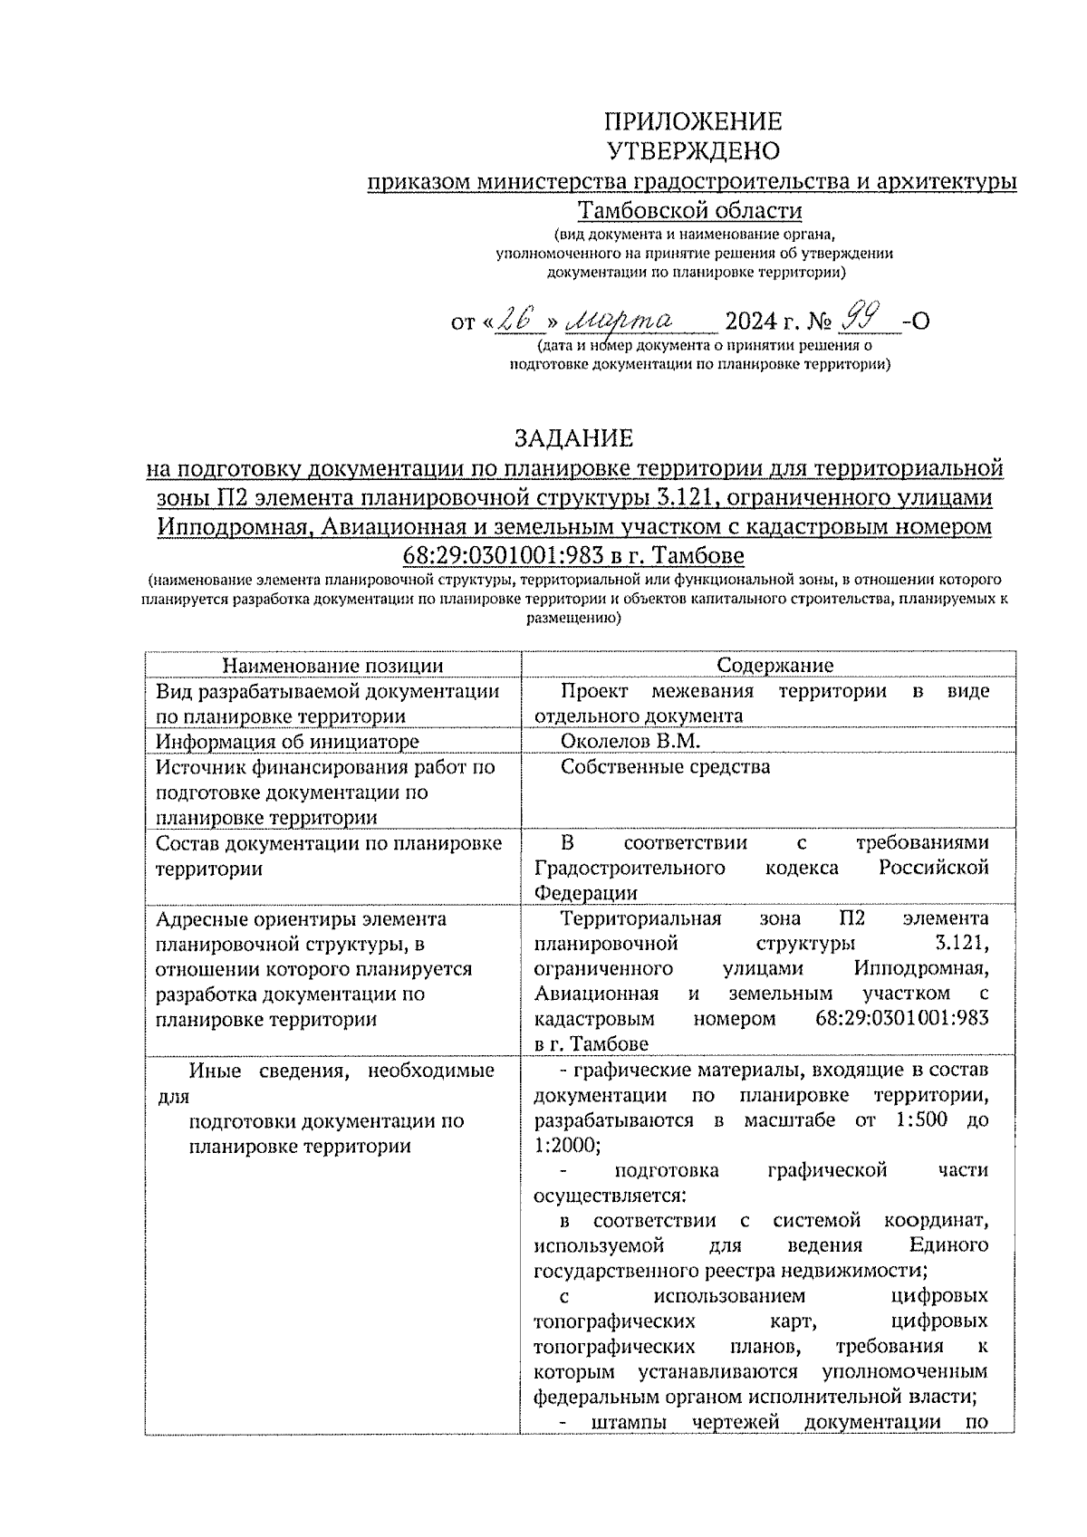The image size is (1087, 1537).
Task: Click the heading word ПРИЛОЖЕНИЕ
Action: pos(693,122)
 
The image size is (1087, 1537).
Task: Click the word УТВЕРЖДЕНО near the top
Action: pos(693,150)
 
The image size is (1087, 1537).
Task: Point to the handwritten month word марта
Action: pos(620,320)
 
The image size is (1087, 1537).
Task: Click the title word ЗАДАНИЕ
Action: pos(574,438)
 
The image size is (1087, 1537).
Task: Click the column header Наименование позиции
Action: pos(332,666)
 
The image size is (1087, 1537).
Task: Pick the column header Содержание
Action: pos(774,666)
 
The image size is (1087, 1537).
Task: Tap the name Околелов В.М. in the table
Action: pos(630,742)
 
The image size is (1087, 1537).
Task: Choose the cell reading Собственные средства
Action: pos(665,767)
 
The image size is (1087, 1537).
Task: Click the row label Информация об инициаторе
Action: pos(287,742)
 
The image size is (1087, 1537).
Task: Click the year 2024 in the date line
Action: pos(752,322)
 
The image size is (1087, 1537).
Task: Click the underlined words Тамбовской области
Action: pos(690,211)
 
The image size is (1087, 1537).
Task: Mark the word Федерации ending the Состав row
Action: pos(585,893)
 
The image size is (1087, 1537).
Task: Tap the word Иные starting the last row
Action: pos(216,1071)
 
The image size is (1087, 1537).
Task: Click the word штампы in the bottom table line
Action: pos(630,1423)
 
